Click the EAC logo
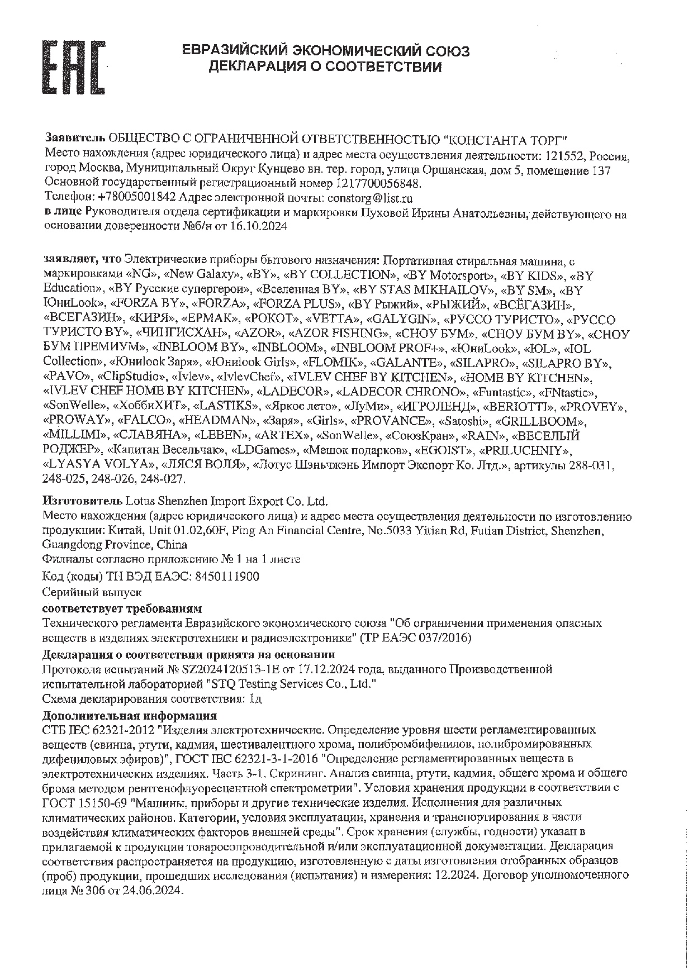(74, 66)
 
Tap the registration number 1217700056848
(378, 183)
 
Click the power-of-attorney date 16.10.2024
(260, 226)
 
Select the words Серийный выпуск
(92, 592)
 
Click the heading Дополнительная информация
(130, 716)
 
